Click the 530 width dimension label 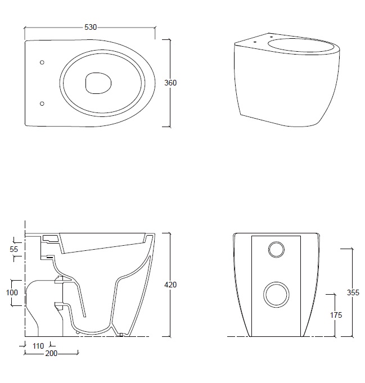(91, 28)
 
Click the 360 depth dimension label (170, 83)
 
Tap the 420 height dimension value (170, 285)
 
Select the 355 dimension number (353, 292)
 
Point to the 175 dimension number (336, 315)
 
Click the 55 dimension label (14, 249)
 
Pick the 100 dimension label (12, 292)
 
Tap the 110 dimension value (38, 346)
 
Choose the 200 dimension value (51, 353)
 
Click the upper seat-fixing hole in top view (42, 62)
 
